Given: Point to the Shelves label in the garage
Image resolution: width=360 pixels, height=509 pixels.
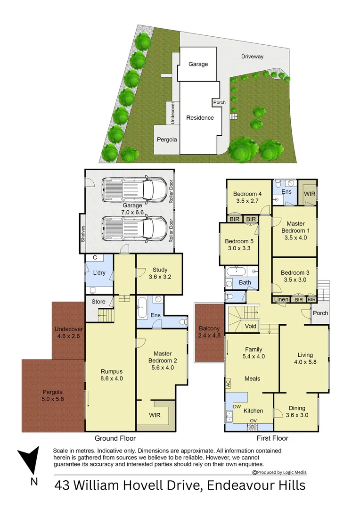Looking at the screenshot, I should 83,233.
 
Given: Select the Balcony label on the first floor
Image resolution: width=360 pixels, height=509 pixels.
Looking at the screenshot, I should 209,332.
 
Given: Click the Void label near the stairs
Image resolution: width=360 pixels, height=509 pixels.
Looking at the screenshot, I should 251,326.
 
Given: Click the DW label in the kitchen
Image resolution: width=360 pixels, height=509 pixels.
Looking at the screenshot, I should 237,407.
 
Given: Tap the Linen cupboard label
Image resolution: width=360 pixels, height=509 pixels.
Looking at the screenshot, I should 281,299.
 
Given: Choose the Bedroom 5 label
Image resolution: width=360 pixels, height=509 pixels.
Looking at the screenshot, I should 239,244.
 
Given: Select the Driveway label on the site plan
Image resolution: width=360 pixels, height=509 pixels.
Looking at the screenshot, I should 253,57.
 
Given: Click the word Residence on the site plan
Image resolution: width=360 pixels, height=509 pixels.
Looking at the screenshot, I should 200,118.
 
